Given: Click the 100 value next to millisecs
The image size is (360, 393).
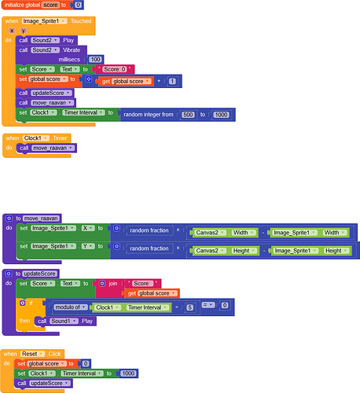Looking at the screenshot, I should (x=96, y=59).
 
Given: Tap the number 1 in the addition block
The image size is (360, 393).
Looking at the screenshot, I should (x=172, y=80).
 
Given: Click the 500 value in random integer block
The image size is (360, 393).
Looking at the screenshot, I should (x=189, y=113).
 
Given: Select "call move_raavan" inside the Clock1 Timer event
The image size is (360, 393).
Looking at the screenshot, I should (x=48, y=148).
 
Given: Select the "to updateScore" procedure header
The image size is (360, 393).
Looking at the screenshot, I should (x=32, y=274).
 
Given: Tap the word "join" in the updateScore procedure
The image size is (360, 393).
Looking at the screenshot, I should (x=115, y=283).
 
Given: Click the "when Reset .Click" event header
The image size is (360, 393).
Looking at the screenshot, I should (x=31, y=354).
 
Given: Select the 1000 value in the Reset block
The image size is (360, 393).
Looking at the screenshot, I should (x=129, y=373).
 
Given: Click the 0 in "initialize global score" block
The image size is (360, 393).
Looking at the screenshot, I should (x=79, y=5).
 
